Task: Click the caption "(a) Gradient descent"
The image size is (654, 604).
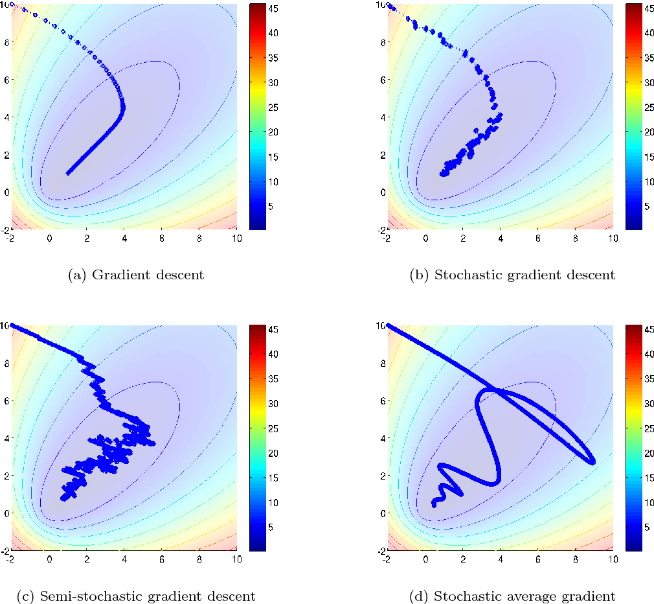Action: point(136,275)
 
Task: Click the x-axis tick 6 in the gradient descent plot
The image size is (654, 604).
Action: point(162,238)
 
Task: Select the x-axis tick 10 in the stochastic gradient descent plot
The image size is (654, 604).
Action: point(612,238)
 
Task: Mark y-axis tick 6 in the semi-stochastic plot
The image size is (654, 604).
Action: point(6,401)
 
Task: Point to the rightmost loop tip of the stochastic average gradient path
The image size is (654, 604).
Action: point(592,462)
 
